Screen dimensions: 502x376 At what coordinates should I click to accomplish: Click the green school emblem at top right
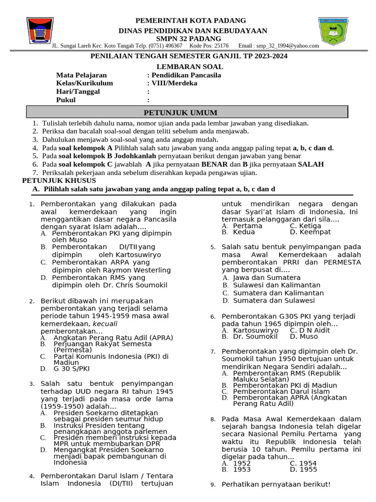pos(335,31)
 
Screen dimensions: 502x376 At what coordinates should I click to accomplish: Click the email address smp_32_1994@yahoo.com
pos(286,46)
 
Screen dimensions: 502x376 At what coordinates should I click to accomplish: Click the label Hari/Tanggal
pos(78,91)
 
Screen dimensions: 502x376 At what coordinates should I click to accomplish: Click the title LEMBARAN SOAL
pos(190,66)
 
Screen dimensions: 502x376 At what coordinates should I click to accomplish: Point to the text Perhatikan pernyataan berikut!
pos(276,484)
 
